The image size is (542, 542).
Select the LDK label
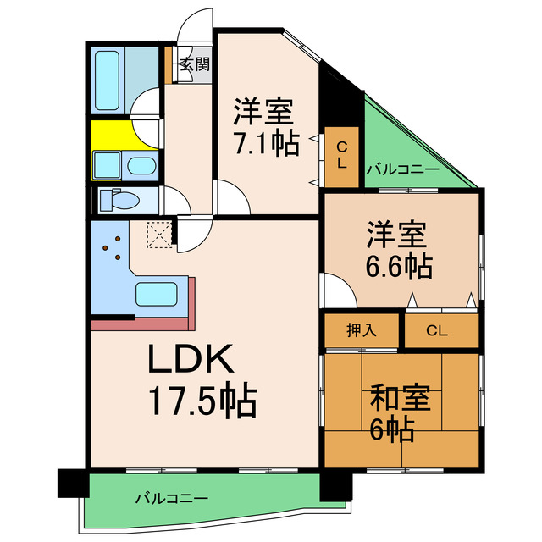click(x=190, y=363)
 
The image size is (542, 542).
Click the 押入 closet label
click(x=362, y=330)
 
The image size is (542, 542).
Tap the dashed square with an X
click(x=158, y=233)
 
